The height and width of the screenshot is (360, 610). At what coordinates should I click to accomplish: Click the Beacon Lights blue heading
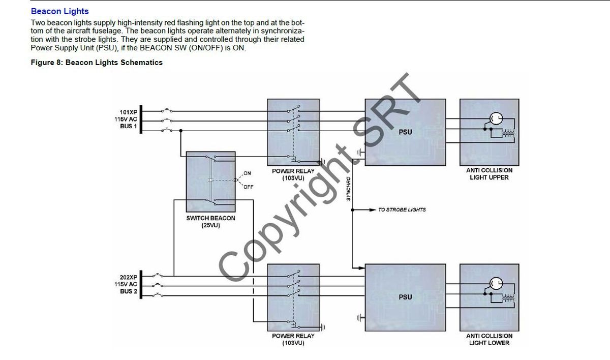pos(59,11)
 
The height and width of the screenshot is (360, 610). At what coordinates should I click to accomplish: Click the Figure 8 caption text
pos(97,63)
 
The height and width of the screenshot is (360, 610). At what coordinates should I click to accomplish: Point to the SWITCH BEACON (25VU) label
pos(211,221)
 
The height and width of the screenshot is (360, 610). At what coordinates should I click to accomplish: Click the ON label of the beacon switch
pos(247,173)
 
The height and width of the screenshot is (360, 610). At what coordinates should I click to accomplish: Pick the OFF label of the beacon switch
pos(248,187)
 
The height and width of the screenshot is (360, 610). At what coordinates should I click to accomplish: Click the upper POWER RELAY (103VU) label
pos(293,174)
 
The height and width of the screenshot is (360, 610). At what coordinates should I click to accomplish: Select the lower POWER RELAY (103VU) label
pos(293,339)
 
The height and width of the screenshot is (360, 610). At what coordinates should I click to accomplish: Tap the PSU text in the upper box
pos(406,132)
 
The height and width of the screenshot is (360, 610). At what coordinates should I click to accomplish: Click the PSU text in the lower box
pos(406,297)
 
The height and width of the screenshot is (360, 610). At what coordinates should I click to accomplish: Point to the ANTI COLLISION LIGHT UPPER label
pos(489,174)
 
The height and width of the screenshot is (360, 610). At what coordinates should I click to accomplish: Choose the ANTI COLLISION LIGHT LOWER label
pos(489,339)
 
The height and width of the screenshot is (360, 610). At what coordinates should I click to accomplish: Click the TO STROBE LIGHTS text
pos(402,209)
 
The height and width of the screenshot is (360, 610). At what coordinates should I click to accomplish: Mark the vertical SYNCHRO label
pos(348,189)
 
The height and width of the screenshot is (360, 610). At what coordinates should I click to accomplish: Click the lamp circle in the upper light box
pos(496,119)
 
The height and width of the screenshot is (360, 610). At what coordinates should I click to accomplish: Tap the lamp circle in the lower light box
pos(496,284)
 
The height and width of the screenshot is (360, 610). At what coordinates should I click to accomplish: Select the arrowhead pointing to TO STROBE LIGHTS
pos(373,209)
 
